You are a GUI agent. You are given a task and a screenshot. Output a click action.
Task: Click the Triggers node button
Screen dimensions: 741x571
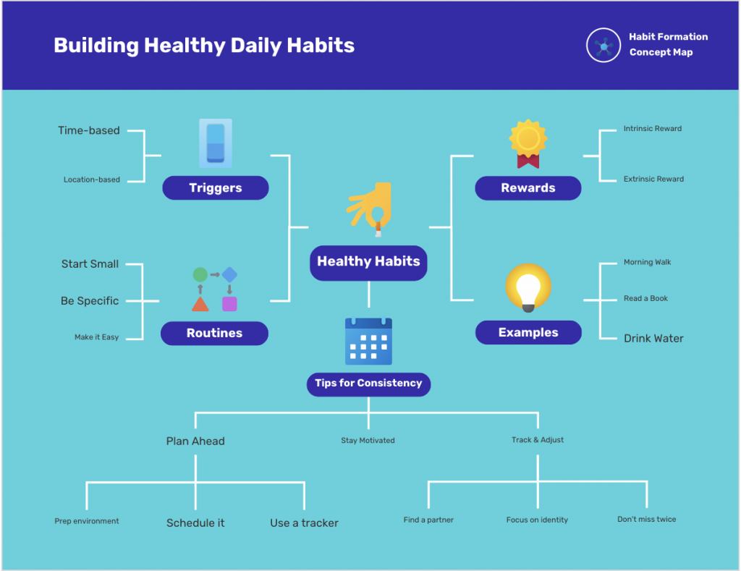[216, 187]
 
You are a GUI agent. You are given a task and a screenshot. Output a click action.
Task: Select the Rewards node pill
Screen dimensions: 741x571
[528, 188]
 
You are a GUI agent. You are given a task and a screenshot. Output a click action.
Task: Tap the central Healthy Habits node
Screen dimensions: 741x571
[368, 263]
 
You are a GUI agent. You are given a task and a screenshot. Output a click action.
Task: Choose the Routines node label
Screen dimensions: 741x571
[214, 333]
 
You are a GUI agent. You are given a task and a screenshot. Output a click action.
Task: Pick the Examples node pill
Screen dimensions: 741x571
[528, 332]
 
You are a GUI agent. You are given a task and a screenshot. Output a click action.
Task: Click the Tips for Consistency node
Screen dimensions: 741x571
[368, 384]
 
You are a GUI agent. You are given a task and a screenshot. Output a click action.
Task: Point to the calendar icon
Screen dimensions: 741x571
[368, 342]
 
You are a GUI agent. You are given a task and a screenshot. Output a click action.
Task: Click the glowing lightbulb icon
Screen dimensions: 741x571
[528, 287]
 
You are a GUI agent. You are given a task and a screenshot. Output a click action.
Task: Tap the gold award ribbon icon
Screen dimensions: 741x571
[528, 144]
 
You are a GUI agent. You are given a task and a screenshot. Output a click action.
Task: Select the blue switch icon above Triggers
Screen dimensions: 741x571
[216, 143]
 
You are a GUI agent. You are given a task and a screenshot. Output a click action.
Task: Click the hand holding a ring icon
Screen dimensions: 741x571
[370, 209]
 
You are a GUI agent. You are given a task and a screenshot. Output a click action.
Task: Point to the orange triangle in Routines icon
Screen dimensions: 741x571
[200, 304]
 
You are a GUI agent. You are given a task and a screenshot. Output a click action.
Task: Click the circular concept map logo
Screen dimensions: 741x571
[604, 46]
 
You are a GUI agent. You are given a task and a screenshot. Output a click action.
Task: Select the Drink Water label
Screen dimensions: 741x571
[653, 339]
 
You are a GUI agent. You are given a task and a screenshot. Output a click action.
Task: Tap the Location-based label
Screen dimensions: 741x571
[92, 179]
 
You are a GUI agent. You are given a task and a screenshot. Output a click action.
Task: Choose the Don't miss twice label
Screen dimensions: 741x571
[646, 519]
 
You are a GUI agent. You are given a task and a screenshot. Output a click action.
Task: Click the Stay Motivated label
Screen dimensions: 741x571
[368, 441]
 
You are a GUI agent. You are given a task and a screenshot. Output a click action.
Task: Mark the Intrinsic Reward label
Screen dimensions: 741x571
[653, 129]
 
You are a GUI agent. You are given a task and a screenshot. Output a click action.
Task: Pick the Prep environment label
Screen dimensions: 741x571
[87, 521]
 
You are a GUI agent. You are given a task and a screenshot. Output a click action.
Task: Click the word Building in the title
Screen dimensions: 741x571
[96, 46]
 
